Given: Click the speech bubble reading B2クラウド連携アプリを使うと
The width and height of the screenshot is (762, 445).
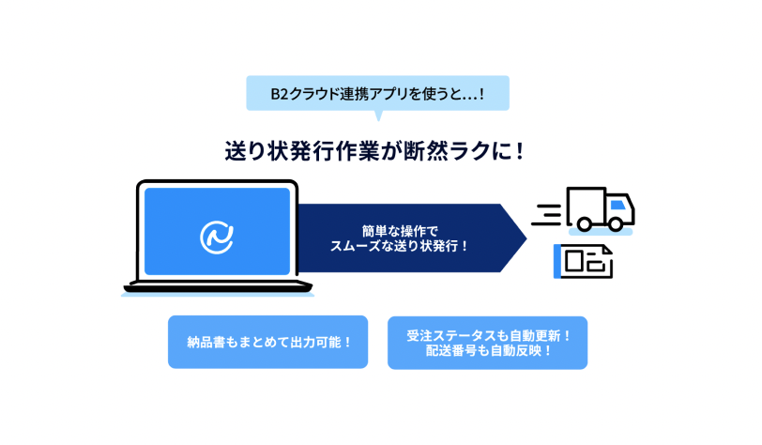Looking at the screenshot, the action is coord(377,93).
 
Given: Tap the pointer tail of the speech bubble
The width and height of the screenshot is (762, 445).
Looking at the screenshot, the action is coord(378,115).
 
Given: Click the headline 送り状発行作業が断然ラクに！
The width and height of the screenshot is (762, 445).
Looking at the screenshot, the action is coord(374,151).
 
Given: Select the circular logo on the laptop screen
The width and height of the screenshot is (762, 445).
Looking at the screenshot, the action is coord(217,238).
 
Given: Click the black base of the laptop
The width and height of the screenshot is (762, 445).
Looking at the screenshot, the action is coord(218,286).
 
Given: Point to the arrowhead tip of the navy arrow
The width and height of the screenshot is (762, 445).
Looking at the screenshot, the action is coord(526,238).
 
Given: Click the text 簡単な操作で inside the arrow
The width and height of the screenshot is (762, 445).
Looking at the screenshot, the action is coord(400,231).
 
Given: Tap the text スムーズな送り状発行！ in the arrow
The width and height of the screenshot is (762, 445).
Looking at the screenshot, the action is coord(399,246).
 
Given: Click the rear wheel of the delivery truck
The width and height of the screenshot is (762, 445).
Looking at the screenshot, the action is coord(584,224).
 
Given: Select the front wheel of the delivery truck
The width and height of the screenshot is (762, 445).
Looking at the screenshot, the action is coord(616,224).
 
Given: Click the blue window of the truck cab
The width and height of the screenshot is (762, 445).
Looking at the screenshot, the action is coord(617,205).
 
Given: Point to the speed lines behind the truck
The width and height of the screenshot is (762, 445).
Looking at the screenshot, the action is coord(547,214).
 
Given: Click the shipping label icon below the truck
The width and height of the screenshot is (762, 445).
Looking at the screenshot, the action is coord(583,261).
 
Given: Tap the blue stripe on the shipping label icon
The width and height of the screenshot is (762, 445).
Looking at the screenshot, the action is coord(556,261).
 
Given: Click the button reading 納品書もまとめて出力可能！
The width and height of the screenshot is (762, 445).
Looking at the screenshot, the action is coord(267,342).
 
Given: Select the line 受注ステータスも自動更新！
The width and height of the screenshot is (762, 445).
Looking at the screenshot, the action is coord(488,335).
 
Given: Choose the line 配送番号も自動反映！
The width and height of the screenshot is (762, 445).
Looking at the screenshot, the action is coord(488,350).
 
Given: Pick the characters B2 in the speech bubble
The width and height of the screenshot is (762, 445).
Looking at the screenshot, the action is coord(280,93).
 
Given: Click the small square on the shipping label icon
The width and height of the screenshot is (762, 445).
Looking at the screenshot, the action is coord(574,261).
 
